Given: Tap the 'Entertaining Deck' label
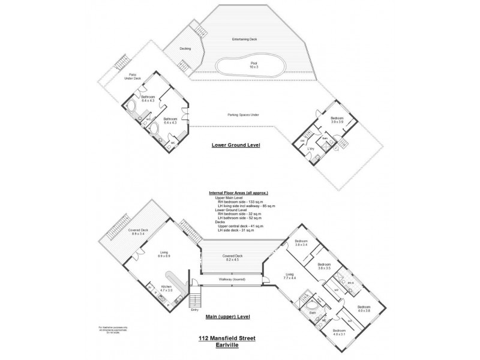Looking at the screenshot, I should pos(244,40).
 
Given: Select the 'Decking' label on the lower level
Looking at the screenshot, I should pos(185,49).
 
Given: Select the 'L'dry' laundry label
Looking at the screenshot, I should pos(311,148).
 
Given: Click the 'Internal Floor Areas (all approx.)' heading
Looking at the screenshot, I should pos(238,193).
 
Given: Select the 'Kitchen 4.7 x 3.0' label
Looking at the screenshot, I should pos(166,288).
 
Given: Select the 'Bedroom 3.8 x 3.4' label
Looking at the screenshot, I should pos(301,244).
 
